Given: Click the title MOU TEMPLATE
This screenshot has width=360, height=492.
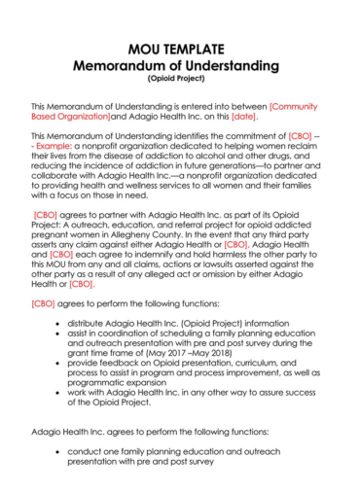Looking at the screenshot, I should (x=179, y=49).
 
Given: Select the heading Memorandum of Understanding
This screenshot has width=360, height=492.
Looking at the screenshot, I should (x=179, y=65).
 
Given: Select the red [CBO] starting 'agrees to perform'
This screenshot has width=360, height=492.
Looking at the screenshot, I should (x=43, y=301).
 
